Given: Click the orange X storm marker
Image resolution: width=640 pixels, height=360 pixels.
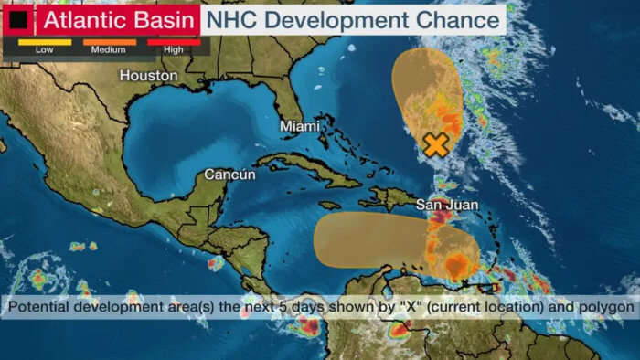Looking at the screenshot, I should tap(437, 143).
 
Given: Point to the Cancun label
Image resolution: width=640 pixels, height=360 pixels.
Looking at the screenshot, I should tap(229, 175).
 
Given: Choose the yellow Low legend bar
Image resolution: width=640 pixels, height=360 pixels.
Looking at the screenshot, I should tap(43, 41).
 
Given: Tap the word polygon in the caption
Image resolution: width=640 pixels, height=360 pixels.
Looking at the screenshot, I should tap(607, 307).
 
